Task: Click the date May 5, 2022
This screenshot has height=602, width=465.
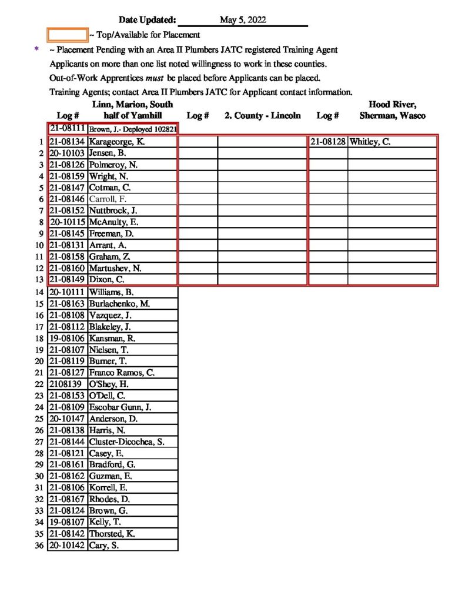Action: [x=243, y=20]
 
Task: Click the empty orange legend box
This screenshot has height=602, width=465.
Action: [x=67, y=35]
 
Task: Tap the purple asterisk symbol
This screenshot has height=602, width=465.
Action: [x=37, y=50]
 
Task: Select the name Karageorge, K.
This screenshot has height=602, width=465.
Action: [x=116, y=142]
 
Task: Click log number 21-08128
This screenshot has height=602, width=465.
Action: [x=328, y=142]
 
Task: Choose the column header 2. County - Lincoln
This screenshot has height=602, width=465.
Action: [x=263, y=116]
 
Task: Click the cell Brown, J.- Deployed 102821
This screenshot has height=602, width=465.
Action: [x=133, y=129]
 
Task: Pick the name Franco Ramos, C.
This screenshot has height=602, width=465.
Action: [x=122, y=372]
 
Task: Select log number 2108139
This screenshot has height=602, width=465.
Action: [x=65, y=384]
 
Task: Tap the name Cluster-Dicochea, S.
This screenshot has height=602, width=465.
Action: [x=126, y=442]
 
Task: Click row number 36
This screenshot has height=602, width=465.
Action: [x=40, y=546]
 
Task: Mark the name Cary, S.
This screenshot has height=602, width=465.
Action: [x=104, y=546]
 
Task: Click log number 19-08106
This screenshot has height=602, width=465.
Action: [x=68, y=338]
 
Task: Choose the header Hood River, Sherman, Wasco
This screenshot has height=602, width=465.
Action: [x=392, y=110]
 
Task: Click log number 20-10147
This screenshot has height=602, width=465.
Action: [x=68, y=419]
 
